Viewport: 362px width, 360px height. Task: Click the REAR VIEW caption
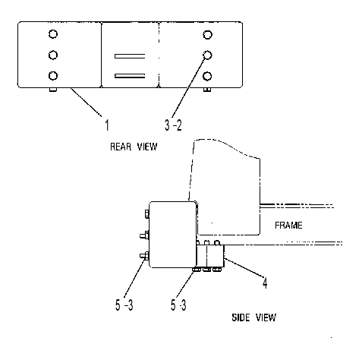point(134,147)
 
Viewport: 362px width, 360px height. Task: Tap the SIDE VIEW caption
point(254,317)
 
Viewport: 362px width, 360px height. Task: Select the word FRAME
point(288,225)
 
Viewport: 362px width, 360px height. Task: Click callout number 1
point(107,125)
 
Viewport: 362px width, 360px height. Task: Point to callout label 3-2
point(173,125)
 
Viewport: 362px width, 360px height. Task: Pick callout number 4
point(265,283)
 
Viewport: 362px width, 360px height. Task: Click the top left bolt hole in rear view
point(53,34)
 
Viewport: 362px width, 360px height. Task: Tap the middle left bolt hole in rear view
point(53,55)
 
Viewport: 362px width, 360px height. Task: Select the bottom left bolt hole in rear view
point(53,76)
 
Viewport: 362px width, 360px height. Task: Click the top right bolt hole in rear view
point(207,34)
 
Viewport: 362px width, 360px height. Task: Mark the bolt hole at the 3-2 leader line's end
point(207,55)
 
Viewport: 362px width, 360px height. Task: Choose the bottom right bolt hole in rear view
point(207,76)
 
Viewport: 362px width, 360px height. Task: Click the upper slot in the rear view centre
point(130,56)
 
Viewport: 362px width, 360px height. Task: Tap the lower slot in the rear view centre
point(130,76)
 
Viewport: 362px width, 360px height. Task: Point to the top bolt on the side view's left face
point(146,214)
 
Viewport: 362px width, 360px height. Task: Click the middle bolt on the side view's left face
point(144,235)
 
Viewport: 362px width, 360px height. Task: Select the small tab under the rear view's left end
point(53,90)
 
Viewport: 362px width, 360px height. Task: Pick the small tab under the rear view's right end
point(207,90)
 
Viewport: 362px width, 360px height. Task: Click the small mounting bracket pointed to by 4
point(210,256)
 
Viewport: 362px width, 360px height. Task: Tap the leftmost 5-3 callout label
point(124,305)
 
